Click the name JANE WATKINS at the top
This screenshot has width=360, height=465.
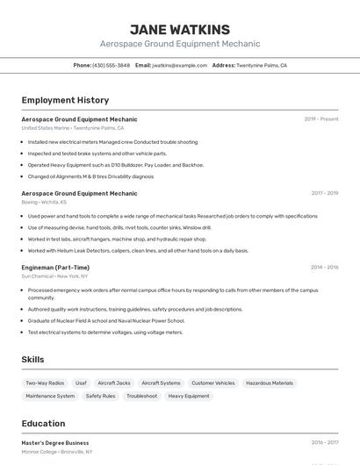point(179,29)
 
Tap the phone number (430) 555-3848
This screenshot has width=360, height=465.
point(111,65)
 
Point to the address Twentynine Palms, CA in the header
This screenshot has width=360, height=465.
point(262,65)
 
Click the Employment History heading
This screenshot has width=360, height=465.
point(65,100)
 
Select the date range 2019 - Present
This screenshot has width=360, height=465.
point(320,119)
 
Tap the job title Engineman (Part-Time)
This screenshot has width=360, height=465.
point(55,268)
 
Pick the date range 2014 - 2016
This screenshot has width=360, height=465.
point(324,268)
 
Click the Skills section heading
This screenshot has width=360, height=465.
point(32,360)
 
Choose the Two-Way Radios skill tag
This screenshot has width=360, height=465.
point(45,383)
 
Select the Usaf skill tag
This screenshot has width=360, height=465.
point(81,383)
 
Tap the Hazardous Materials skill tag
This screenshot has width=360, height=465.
point(270,383)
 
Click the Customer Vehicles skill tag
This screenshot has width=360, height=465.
point(213,383)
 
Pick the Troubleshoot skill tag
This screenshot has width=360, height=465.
point(141,397)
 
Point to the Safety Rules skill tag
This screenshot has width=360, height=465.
point(100,397)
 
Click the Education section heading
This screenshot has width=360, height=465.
point(43,424)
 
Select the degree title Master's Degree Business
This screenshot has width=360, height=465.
point(55,443)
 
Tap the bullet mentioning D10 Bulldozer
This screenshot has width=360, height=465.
point(115,164)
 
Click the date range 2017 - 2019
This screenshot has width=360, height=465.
point(324,193)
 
